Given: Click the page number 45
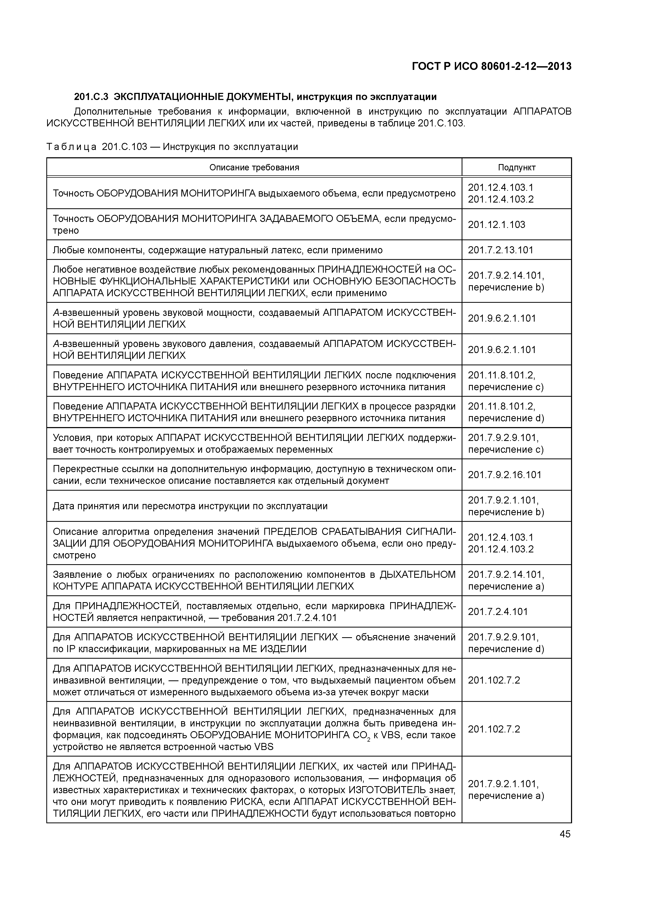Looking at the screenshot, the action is pyautogui.click(x=565, y=834).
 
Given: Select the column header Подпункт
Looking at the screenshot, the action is pyautogui.click(x=516, y=167).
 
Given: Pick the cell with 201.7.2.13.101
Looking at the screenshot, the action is pyautogui.click(x=500, y=250).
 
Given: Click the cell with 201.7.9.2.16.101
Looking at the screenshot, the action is pyautogui.click(x=504, y=475).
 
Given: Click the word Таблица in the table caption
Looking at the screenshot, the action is pyautogui.click(x=71, y=147).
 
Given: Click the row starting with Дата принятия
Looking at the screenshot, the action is pyautogui.click(x=190, y=506).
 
